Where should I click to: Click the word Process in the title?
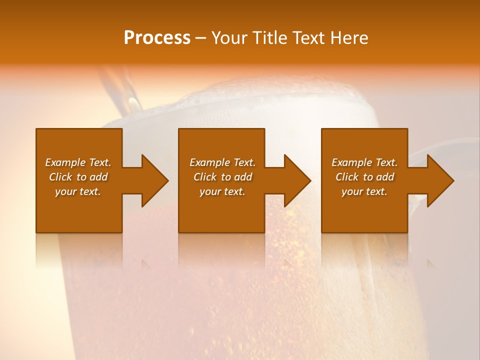(157, 38)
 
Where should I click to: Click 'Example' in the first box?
(65, 162)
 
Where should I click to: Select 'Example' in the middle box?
(209, 162)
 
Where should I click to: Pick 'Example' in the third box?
(351, 162)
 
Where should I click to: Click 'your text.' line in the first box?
(78, 191)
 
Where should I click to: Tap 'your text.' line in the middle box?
(222, 191)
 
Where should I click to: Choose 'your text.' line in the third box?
(364, 191)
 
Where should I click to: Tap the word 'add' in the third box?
(385, 177)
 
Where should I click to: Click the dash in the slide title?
(200, 38)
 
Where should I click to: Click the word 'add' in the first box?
(98, 177)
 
